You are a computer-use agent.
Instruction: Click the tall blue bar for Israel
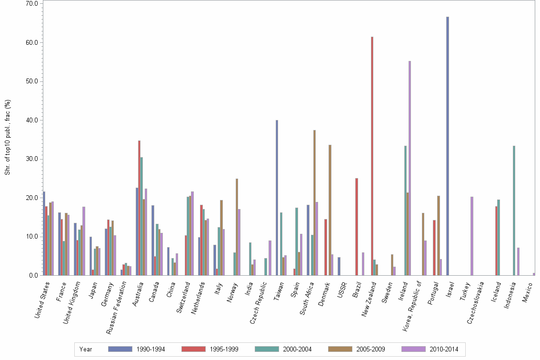[x=448, y=146]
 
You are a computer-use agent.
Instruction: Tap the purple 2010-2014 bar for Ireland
[x=410, y=168]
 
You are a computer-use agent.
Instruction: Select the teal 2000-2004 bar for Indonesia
[x=514, y=210]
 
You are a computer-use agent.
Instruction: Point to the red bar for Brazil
[x=356, y=227]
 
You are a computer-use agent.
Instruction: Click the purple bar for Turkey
[x=471, y=236]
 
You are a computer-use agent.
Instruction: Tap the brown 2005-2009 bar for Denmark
[x=330, y=210]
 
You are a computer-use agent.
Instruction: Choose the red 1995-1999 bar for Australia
[x=140, y=208]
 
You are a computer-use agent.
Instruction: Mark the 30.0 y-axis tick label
[x=32, y=159]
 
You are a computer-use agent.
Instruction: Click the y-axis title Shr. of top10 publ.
[x=7, y=138]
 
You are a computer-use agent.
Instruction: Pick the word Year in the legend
[x=86, y=349]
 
